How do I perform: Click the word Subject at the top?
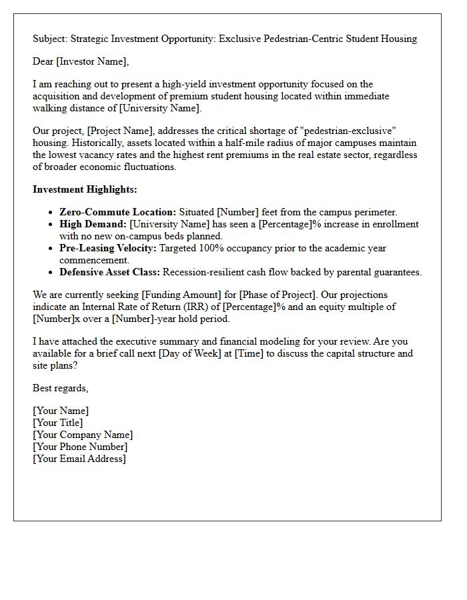50,39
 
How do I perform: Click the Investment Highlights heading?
85,189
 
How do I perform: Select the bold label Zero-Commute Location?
117,212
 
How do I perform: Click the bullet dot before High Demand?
51,224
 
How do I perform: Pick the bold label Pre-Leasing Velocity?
107,248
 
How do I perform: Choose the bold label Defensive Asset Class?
109,272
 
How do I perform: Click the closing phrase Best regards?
60,388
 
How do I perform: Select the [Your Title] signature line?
58,423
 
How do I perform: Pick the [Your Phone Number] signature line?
80,447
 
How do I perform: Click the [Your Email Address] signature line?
79,459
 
